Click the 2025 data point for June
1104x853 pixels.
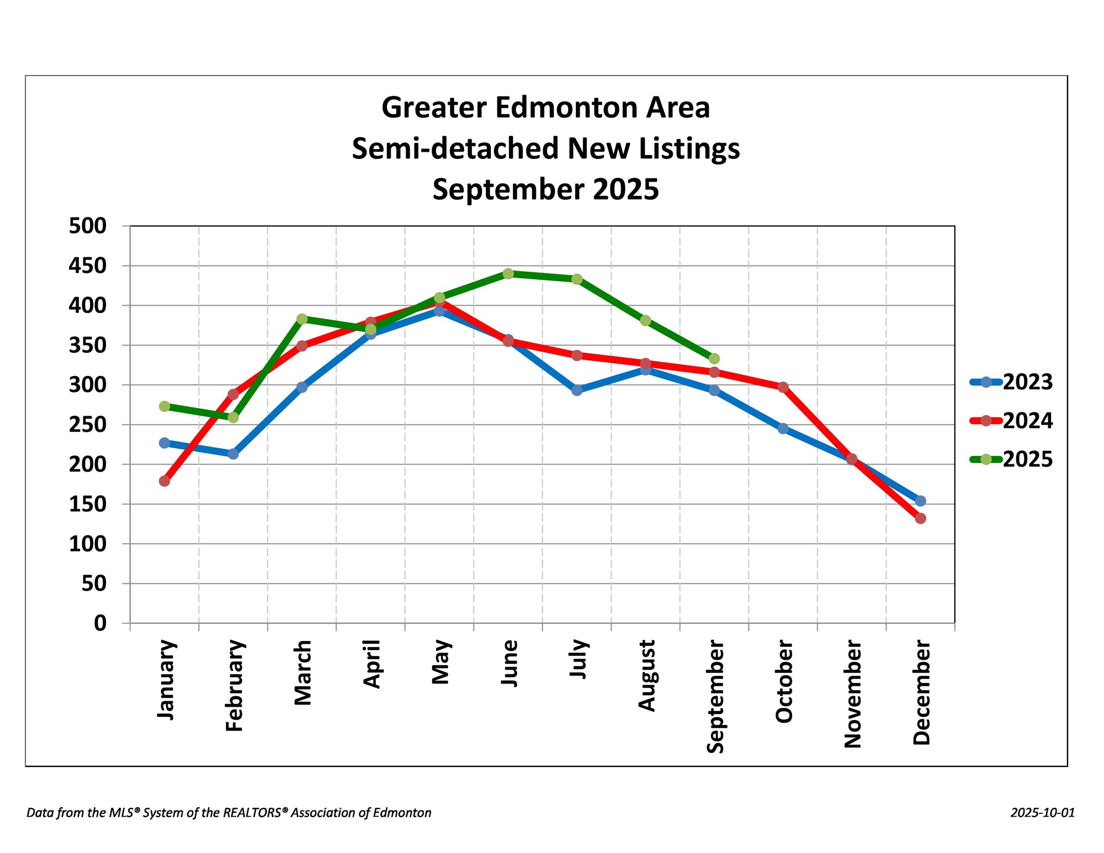[508, 274]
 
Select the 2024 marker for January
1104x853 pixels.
[164, 481]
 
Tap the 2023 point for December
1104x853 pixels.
[920, 501]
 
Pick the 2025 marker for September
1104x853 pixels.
[714, 359]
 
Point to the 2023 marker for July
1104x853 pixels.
[577, 390]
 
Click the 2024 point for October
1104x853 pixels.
[783, 388]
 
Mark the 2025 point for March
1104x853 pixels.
[302, 319]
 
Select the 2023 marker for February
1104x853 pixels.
[233, 454]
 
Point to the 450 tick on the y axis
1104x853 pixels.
[87, 266]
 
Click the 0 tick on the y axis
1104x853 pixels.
[100, 623]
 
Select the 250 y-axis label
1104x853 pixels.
[87, 425]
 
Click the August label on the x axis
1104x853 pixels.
[646, 675]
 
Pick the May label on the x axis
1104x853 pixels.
[440, 662]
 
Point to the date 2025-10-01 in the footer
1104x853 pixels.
[1043, 813]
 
